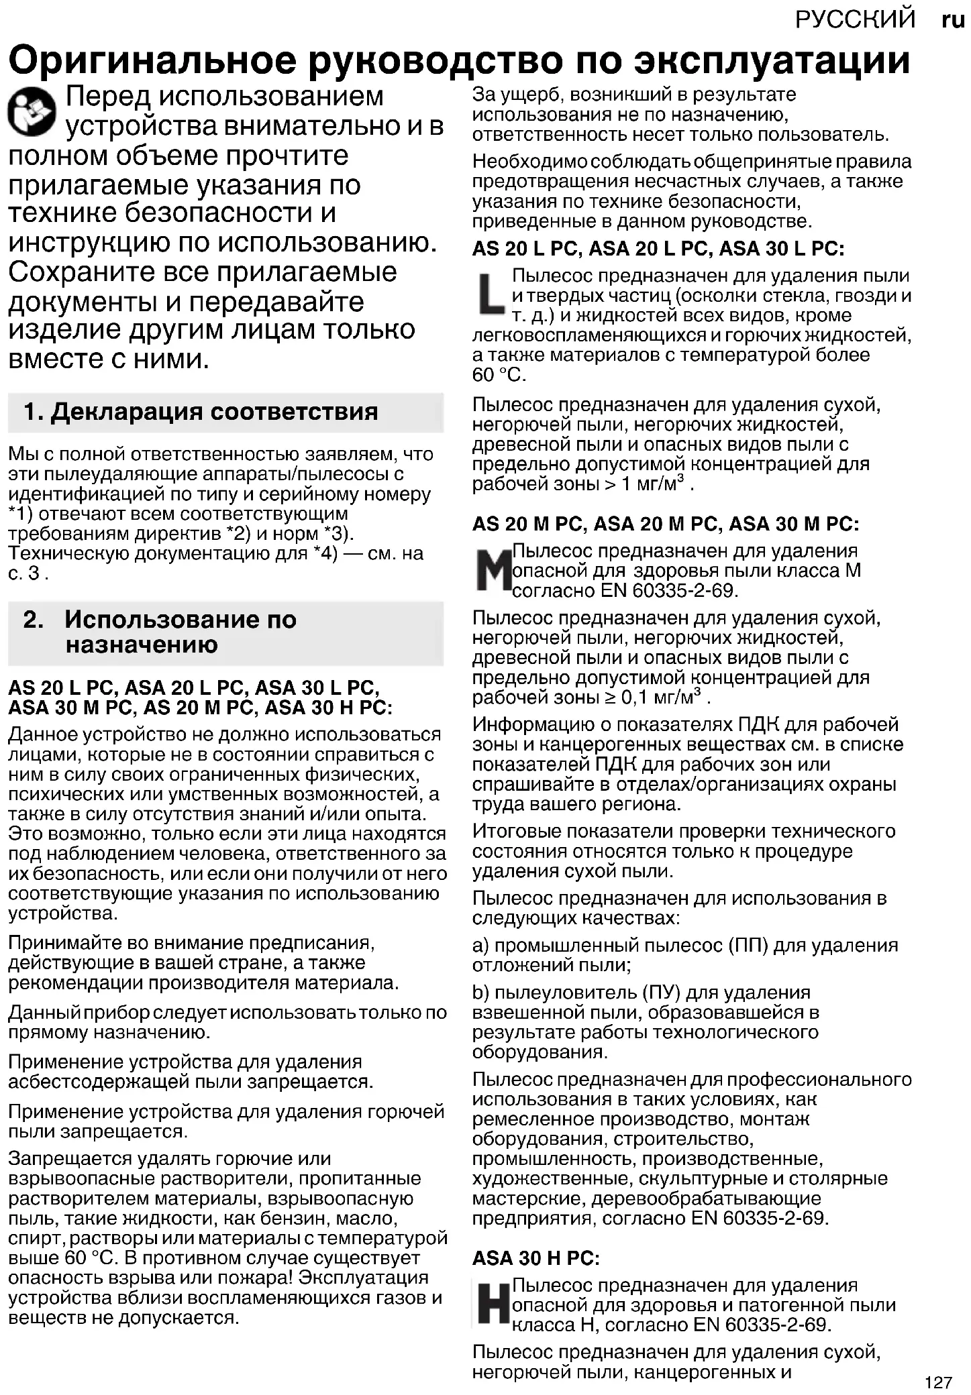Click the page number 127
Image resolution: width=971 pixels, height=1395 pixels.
[x=938, y=1382]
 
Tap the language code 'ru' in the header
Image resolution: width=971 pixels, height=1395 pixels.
[x=953, y=19]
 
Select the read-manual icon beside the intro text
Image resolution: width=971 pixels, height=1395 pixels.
[x=33, y=111]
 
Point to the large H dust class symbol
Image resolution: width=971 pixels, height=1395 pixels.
[x=492, y=1305]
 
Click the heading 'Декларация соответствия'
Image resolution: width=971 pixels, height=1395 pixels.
[x=214, y=411]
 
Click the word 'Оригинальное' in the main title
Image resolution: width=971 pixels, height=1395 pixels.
[x=152, y=60]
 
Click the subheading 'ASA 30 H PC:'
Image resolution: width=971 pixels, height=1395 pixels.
[x=535, y=1258]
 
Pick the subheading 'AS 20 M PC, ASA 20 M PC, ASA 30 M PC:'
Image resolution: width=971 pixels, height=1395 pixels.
[x=665, y=523]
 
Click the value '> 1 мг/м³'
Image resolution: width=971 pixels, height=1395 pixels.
[x=644, y=483]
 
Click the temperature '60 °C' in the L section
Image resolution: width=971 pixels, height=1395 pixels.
[x=497, y=375]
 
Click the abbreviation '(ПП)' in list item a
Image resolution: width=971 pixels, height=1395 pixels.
[x=748, y=946]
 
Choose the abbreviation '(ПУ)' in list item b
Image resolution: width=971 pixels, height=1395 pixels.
[x=660, y=993]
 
